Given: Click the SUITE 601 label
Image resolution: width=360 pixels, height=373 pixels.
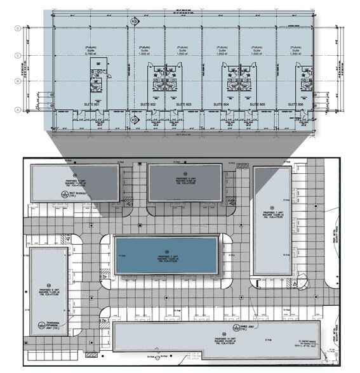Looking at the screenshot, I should point(93,103).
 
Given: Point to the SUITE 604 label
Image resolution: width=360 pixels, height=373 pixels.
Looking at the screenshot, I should point(221,103).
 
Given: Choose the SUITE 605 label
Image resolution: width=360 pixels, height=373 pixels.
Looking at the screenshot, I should point(257,103).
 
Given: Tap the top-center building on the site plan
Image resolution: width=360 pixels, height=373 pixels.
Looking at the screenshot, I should point(185,182).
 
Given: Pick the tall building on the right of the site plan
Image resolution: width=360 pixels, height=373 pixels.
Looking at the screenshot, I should point(272,220).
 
